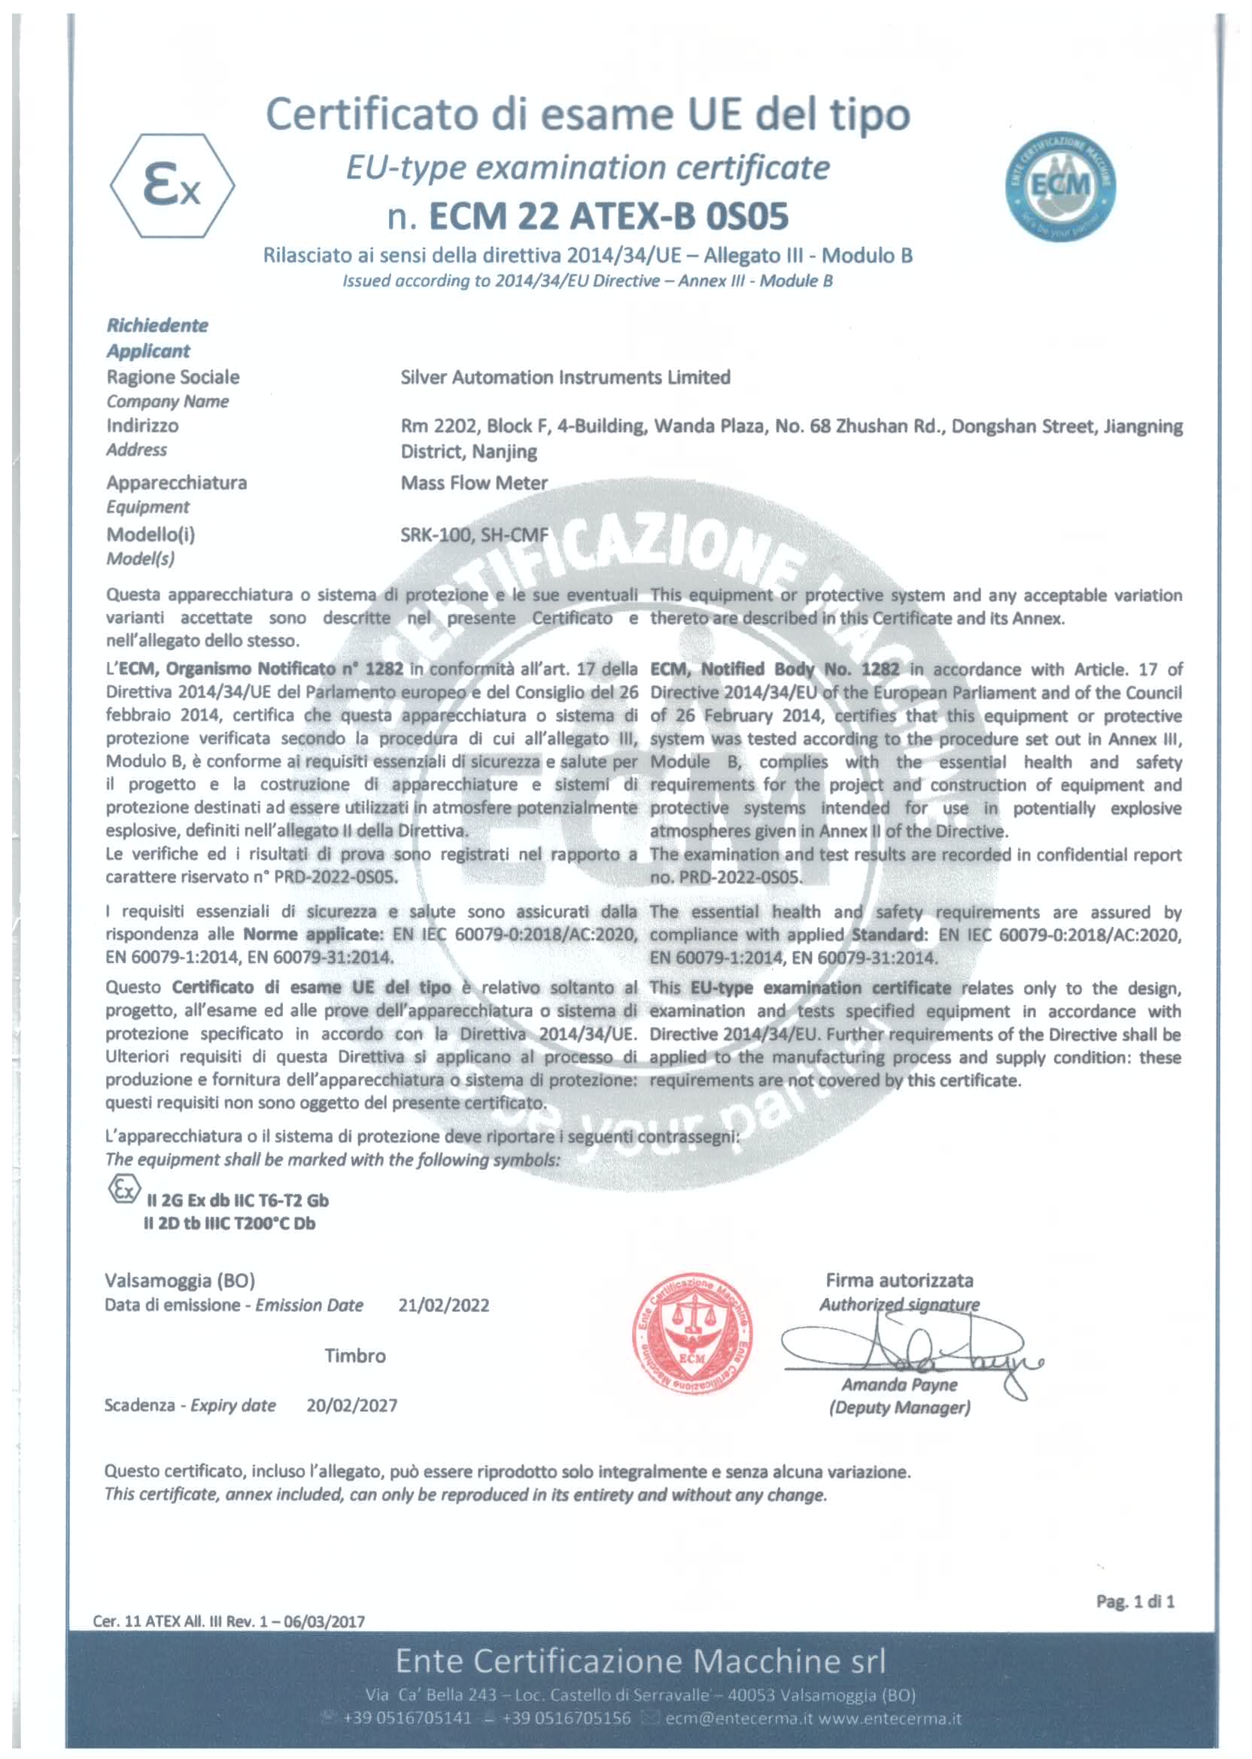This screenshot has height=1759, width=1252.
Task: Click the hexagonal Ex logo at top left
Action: pos(173,186)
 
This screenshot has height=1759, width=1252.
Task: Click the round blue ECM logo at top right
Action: pos(1061,185)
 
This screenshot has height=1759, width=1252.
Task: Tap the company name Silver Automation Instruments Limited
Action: pos(565,377)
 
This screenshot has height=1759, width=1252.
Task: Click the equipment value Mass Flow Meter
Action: pos(473,482)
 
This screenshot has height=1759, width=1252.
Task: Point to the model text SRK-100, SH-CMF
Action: pos(474,534)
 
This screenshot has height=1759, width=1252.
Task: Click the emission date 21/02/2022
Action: pos(443,1305)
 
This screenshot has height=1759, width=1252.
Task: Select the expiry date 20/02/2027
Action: pos(351,1405)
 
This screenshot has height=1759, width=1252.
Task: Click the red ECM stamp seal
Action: pos(691,1338)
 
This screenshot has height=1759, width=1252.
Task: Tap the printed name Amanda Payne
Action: pos(899,1384)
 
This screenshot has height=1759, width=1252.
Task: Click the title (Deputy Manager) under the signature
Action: pos(899,1408)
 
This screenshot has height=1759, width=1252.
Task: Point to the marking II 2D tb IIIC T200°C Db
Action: pos(229,1223)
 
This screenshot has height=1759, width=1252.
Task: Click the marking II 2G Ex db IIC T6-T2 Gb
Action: pos(237,1200)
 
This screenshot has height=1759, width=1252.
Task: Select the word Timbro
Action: pos(354,1356)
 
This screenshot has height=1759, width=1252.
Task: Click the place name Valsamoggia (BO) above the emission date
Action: pos(180,1281)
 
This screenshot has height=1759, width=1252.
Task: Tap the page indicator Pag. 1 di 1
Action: pos(1135,1601)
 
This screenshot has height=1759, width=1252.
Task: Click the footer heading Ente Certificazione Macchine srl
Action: pos(640,1660)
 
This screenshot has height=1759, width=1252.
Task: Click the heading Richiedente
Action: pos(157,325)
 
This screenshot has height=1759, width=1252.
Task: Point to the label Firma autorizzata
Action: pos(899,1281)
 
